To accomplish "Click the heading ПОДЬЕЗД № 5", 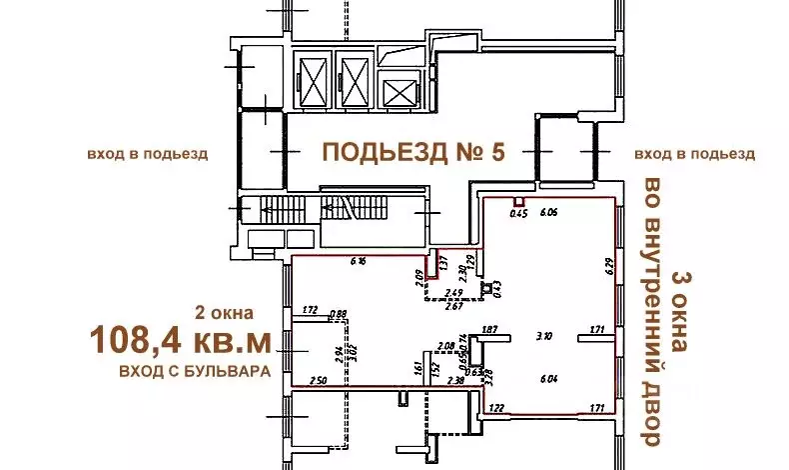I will pyautogui.click(x=413, y=152).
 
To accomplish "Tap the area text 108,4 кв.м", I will pyautogui.click(x=180, y=341).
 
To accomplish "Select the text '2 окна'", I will pyautogui.click(x=225, y=311).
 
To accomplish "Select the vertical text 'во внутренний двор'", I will pyautogui.click(x=652, y=312).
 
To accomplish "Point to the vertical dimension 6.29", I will pyautogui.click(x=606, y=268).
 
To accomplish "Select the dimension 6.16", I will pyautogui.click(x=359, y=262).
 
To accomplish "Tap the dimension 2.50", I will pyautogui.click(x=318, y=380).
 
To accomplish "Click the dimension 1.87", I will pyautogui.click(x=489, y=329).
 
